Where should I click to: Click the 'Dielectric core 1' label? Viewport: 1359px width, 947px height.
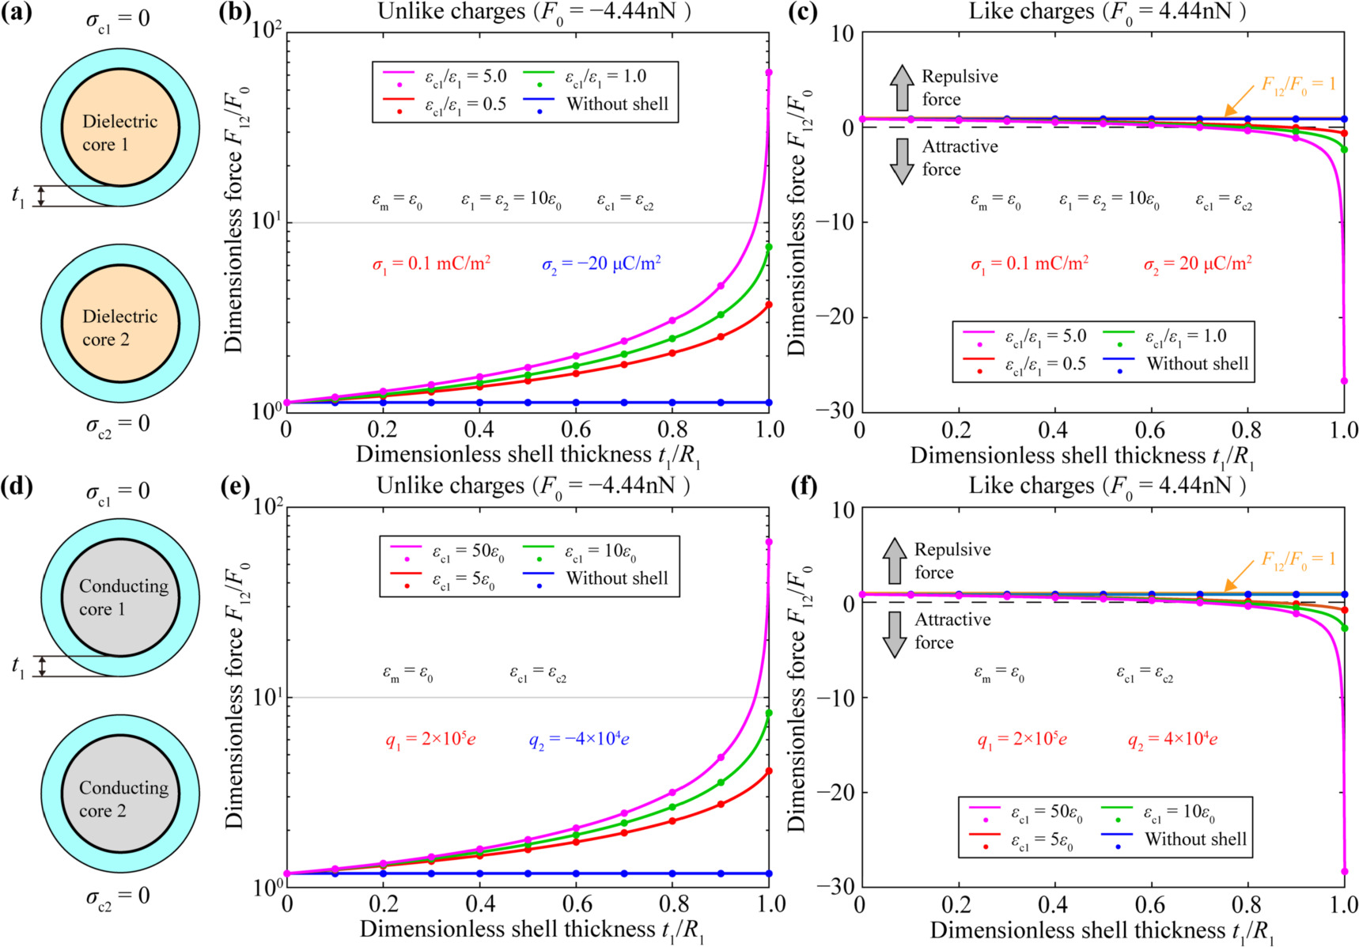[x=119, y=133]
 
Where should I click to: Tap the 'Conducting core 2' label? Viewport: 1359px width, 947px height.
[x=123, y=799]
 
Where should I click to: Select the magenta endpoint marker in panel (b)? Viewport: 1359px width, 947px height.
[x=769, y=73]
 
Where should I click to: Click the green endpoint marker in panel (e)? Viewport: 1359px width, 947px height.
[x=769, y=713]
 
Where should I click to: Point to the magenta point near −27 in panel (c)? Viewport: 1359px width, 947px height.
[x=1343, y=381]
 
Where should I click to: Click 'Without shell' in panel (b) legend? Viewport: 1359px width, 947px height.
[x=617, y=104]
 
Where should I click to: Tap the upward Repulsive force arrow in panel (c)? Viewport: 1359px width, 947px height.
[x=901, y=87]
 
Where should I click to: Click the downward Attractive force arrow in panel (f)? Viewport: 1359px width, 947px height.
[x=895, y=634]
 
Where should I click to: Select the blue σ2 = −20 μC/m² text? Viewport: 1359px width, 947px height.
[x=601, y=263]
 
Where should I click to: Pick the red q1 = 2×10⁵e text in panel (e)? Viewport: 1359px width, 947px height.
[x=430, y=740]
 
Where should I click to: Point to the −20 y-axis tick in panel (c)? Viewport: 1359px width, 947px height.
[x=836, y=316]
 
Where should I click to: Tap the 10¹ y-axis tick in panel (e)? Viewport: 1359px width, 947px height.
[x=267, y=697]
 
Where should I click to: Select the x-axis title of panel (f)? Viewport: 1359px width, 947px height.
[x=1102, y=930]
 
